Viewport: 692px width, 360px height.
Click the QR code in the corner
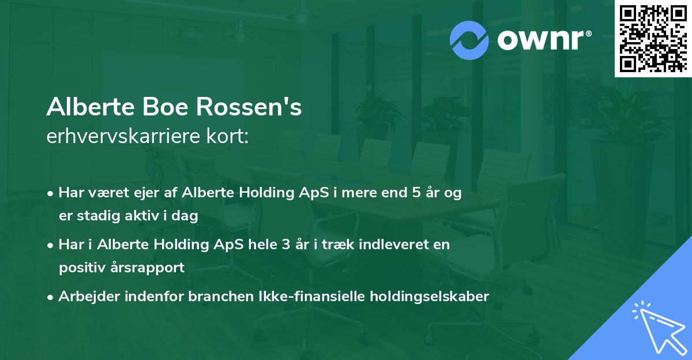point(653,39)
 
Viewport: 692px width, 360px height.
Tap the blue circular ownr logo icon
point(470,40)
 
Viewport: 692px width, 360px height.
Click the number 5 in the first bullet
point(416,193)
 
